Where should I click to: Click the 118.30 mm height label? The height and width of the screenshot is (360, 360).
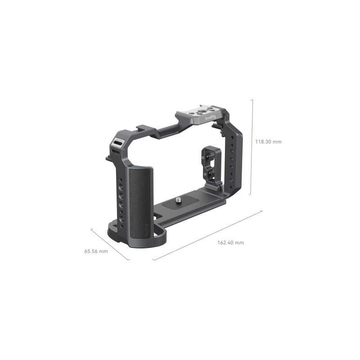click(x=268, y=141)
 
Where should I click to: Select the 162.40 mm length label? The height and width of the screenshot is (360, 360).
click(x=230, y=243)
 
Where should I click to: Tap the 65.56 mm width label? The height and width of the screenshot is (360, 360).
click(x=96, y=251)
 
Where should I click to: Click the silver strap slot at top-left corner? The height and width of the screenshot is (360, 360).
click(x=116, y=143)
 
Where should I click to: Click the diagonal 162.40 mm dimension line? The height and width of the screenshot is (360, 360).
click(x=207, y=235)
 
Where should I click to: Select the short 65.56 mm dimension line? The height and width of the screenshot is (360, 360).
click(x=110, y=244)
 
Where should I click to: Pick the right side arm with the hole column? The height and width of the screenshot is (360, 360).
click(x=233, y=157)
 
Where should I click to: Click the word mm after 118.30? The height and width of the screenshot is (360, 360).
click(x=277, y=141)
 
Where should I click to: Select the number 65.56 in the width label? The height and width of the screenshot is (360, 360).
click(x=91, y=251)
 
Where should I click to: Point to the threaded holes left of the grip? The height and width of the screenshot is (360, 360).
click(x=121, y=198)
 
